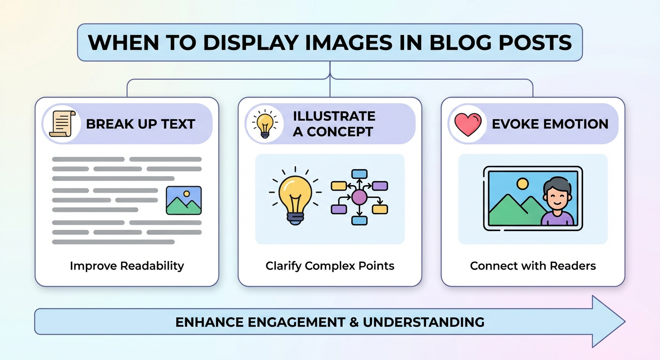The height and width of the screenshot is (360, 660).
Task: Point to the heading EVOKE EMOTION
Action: tap(550, 124)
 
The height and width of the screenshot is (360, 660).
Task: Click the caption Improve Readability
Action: tap(127, 266)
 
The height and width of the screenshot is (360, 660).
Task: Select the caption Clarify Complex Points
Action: tap(330, 266)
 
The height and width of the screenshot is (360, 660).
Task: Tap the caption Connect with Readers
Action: tap(533, 266)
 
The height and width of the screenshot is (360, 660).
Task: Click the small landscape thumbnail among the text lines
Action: tap(184, 200)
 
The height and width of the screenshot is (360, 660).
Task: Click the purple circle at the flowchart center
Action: tap(360, 197)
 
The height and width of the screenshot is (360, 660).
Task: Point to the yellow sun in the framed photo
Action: tap(522, 183)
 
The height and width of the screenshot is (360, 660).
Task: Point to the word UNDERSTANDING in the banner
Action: tap(424, 322)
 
